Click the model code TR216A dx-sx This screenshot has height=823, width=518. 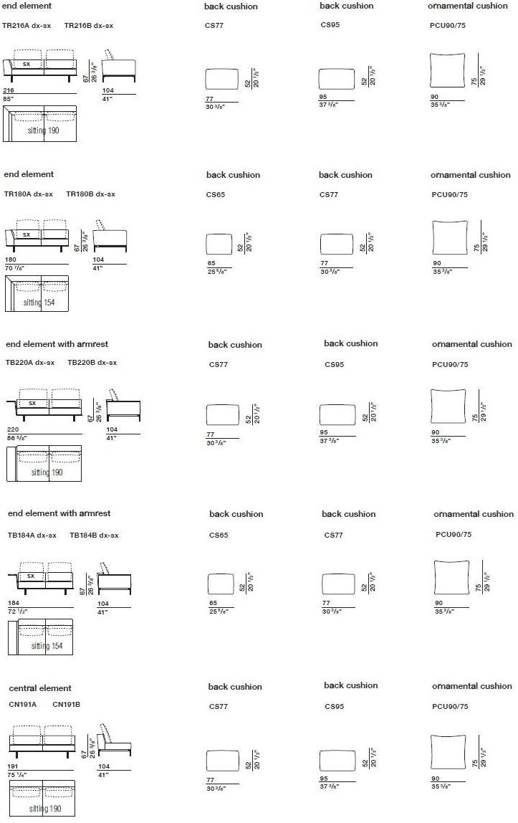(27, 26)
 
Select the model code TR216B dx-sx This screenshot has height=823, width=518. (88, 26)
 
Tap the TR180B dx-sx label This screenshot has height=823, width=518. (90, 194)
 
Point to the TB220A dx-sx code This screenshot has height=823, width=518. (30, 362)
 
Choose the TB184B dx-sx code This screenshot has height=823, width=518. (94, 535)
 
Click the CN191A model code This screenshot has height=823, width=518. (22, 704)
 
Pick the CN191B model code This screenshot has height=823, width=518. (66, 704)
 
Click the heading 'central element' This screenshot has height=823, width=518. (40, 688)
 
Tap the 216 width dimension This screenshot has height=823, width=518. (9, 90)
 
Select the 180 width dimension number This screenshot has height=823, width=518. (10, 260)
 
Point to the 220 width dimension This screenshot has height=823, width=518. (12, 429)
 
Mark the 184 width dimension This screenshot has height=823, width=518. (14, 602)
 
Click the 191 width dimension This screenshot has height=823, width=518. (12, 766)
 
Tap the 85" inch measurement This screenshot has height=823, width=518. (9, 97)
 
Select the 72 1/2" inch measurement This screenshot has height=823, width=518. (17, 609)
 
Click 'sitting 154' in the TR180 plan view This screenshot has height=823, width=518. (38, 303)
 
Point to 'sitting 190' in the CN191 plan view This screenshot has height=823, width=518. (44, 809)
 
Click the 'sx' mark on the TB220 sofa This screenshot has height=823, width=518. (32, 403)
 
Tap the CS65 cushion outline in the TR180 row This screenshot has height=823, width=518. (219, 244)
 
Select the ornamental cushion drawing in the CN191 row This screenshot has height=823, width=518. (449, 752)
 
